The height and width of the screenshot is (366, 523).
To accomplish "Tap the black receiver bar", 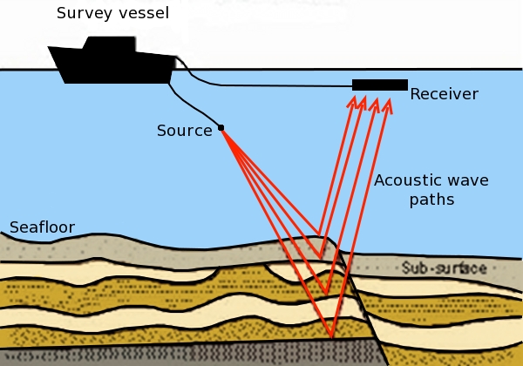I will [x=380, y=85].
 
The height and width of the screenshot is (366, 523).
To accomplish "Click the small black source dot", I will [x=221, y=128].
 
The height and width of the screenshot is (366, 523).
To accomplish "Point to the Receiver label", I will [x=444, y=94].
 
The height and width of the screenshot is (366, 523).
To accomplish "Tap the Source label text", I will [x=184, y=132].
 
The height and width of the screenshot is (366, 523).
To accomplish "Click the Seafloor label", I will [x=42, y=228].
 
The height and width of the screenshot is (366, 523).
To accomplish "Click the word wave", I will [x=468, y=181].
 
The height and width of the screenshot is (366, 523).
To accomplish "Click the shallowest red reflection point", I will [x=322, y=258].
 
